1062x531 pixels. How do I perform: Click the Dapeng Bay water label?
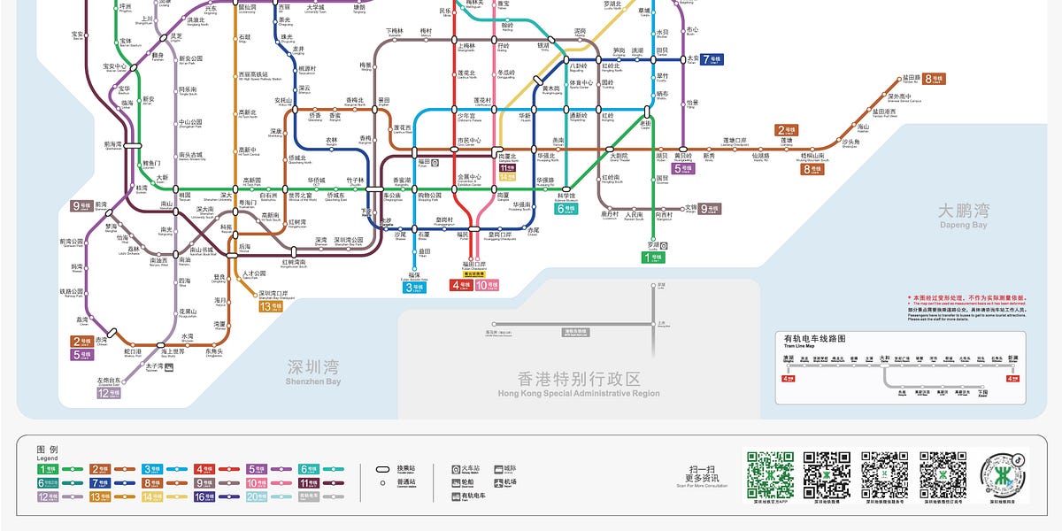(x=964, y=215)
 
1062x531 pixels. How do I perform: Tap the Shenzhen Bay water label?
(x=313, y=371)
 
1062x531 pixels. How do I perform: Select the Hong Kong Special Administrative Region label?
(x=579, y=382)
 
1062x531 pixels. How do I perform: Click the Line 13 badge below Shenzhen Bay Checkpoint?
(x=271, y=307)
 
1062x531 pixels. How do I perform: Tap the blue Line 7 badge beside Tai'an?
(x=712, y=60)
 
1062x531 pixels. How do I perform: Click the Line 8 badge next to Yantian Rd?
(x=934, y=79)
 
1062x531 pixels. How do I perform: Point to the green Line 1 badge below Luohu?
(x=653, y=258)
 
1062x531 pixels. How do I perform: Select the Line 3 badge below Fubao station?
(x=413, y=288)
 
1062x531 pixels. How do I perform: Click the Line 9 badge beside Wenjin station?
(x=710, y=209)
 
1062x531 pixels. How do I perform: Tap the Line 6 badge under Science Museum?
(x=566, y=209)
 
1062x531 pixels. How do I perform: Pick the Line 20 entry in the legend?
(x=257, y=497)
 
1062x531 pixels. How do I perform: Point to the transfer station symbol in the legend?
(x=383, y=469)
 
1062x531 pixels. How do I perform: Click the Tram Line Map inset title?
(x=814, y=339)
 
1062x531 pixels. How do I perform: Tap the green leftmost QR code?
(x=770, y=475)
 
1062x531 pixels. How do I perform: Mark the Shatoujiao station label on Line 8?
(x=850, y=142)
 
